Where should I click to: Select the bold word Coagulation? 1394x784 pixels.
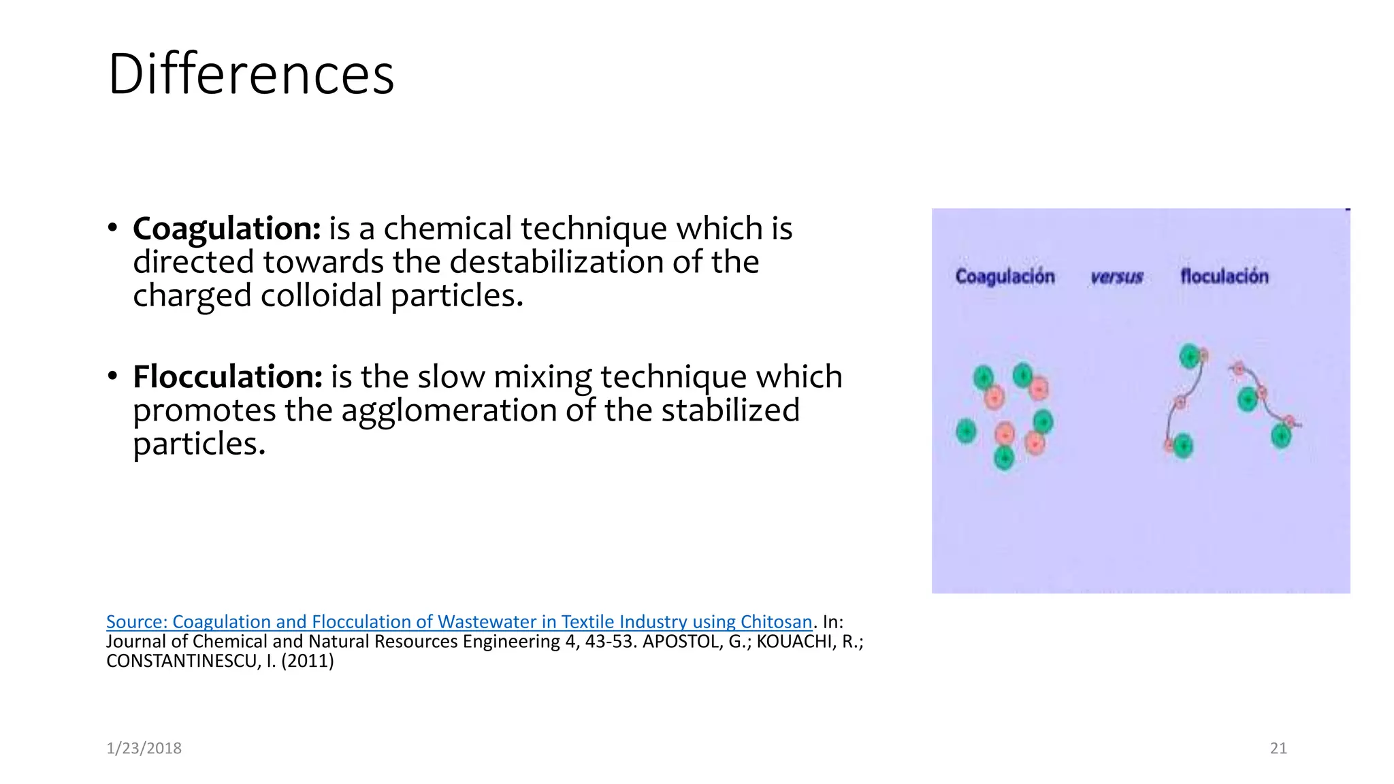[227, 229]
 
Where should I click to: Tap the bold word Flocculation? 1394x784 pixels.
[227, 377]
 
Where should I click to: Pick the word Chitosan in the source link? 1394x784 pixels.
[776, 622]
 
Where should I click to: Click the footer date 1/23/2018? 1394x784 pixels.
[144, 749]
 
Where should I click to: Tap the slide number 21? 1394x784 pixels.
[1278, 749]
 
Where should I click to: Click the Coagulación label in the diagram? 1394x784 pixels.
[1005, 277]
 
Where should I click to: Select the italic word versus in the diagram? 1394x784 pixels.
[1116, 277]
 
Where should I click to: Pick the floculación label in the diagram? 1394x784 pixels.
[1224, 276]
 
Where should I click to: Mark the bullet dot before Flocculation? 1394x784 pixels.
[112, 376]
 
